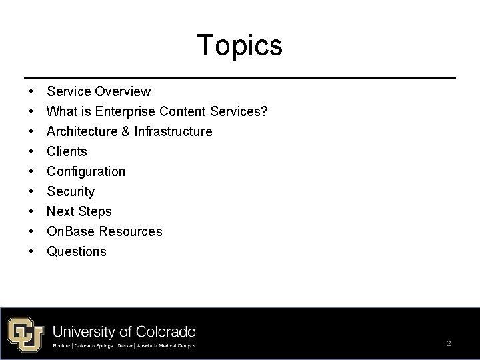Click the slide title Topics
click(239, 45)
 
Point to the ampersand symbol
click(125, 131)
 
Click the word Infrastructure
click(173, 131)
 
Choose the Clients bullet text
click(67, 151)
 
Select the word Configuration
click(85, 171)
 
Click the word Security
click(71, 191)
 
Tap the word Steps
click(95, 211)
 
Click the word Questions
click(76, 251)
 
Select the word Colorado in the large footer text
click(164, 331)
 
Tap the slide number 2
click(449, 343)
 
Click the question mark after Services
click(265, 111)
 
